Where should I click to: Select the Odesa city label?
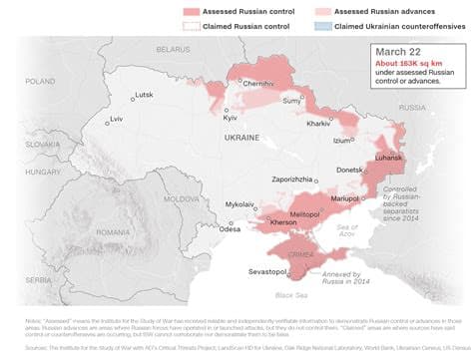(x=231, y=228)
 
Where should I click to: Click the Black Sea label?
(x=290, y=295)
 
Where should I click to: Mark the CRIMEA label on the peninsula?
(x=300, y=255)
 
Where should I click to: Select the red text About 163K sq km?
(x=408, y=66)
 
